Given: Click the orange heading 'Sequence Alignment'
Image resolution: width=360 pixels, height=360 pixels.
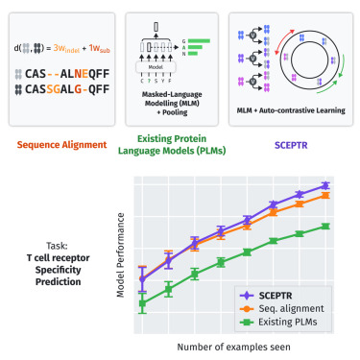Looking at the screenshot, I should coord(59,146).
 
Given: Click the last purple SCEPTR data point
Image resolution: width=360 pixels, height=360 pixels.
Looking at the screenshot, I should coord(325,186).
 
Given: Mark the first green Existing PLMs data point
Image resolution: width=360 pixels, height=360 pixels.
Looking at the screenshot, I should coord(143,304).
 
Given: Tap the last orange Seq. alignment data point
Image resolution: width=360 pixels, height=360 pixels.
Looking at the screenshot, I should coord(325,196).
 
